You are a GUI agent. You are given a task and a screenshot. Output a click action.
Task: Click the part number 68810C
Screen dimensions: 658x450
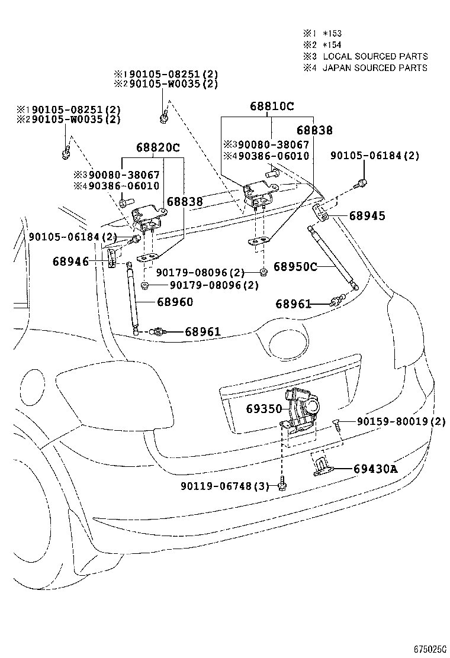tap(272, 107)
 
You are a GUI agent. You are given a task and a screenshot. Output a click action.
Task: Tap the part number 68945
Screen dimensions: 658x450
tap(367, 216)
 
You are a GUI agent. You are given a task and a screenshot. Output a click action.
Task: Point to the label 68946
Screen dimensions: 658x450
tap(70, 261)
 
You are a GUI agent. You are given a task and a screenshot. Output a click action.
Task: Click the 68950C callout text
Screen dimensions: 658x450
tap(296, 267)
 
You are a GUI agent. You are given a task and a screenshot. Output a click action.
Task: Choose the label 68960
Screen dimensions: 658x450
tap(175, 302)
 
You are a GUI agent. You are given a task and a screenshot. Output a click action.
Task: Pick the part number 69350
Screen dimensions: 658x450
tap(264, 408)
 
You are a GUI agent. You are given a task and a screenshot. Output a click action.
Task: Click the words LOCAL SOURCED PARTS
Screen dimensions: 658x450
tap(375, 56)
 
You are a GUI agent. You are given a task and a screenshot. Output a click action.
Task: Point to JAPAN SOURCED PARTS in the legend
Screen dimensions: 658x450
tap(375, 67)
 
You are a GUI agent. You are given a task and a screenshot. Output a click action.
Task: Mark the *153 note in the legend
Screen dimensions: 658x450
tap(332, 34)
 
